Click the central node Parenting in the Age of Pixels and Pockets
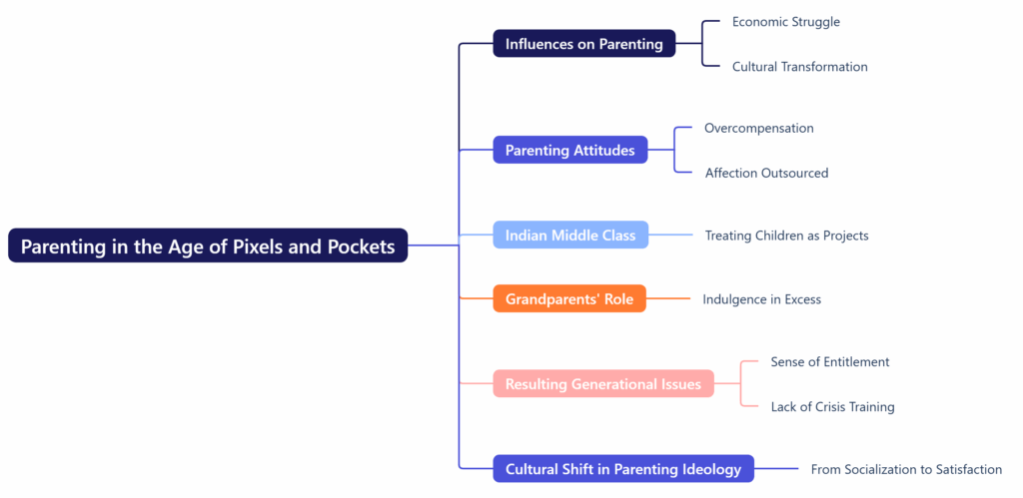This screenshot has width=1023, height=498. tap(208, 246)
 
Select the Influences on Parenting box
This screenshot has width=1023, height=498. tap(583, 44)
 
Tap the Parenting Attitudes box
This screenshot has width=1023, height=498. tap(569, 151)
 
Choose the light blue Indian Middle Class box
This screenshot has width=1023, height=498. tap(570, 236)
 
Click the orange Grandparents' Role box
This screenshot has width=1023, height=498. tap(568, 299)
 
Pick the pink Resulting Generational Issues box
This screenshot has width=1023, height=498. tap(602, 384)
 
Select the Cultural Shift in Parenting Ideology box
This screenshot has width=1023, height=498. tap(622, 469)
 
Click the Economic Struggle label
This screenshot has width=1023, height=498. tap(785, 22)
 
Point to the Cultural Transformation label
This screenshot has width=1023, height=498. tap(799, 67)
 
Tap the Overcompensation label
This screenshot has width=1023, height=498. tap(758, 129)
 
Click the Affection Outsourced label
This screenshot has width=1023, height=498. tap(766, 174)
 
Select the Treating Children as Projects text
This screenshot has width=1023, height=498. tap(786, 237)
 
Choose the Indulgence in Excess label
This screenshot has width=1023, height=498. tap(761, 299)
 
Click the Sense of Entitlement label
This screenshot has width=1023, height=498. tap(829, 362)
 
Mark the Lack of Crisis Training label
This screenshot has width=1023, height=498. tap(832, 407)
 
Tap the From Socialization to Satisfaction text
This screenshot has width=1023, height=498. tap(905, 470)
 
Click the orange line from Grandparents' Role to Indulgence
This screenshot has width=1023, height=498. tap(668, 299)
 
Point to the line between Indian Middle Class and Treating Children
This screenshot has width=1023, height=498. tap(670, 236)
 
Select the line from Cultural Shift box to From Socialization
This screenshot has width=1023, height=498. tap(776, 469)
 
